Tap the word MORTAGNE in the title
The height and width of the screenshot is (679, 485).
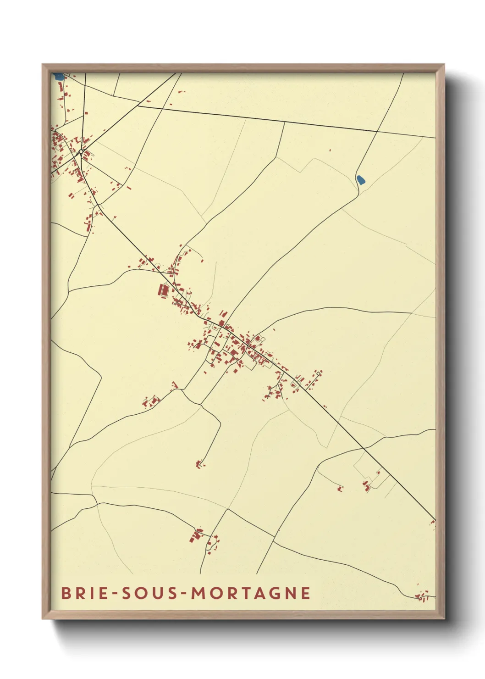(x=251, y=593)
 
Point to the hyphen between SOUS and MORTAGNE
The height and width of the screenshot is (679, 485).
(x=183, y=594)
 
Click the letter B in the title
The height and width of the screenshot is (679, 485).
(x=66, y=593)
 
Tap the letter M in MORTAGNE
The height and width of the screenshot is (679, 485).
(x=198, y=593)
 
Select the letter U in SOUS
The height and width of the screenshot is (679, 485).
(x=157, y=593)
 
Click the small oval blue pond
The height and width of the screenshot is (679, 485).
(x=361, y=179)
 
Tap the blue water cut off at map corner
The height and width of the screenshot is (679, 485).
(x=58, y=77)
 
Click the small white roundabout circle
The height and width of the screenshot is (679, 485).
(x=81, y=151)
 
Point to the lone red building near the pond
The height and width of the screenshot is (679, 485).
(x=330, y=150)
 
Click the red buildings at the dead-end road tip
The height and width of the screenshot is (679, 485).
(x=199, y=465)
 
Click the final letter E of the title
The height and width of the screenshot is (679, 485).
(x=306, y=593)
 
